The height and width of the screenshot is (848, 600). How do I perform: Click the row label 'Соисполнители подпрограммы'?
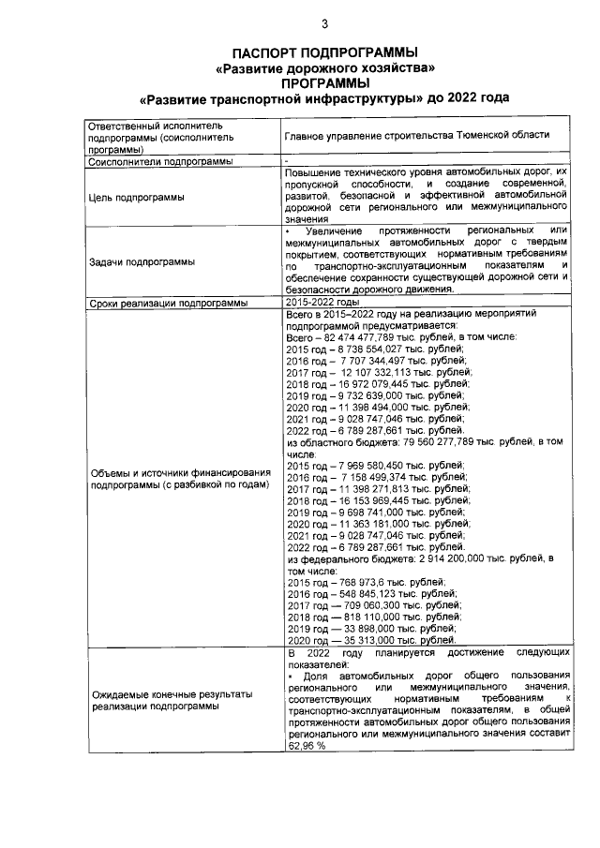[x=159, y=162]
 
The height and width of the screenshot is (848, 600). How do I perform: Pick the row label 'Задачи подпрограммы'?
[x=142, y=261]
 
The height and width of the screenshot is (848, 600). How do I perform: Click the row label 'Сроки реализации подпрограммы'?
[x=168, y=304]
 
